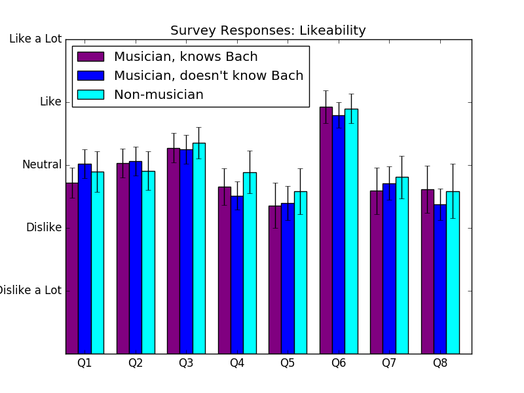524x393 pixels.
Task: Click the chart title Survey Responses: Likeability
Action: pos(268,30)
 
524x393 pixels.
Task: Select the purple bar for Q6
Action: pos(326,231)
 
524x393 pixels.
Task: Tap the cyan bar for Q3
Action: pos(199,248)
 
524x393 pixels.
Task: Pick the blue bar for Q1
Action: pos(85,259)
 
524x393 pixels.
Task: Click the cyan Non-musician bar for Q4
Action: pos(250,263)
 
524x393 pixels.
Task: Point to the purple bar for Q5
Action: pos(275,280)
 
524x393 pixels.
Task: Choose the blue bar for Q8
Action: pos(440,279)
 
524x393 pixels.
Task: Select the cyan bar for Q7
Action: pos(402,265)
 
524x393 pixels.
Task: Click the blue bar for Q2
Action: pos(136,257)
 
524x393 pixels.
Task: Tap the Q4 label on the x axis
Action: pos(237,363)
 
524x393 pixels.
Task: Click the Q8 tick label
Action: pos(440,363)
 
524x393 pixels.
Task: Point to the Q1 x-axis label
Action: pos(84,363)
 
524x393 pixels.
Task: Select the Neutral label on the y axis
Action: pos(42,164)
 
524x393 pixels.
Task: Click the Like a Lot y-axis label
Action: pos(35,39)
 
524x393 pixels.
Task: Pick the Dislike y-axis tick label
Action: pos(44,227)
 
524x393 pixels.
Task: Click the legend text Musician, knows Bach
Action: pos(186,56)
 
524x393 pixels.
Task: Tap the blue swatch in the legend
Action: pos(90,75)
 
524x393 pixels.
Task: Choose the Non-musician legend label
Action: pos(159,94)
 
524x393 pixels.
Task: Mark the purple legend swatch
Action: pos(90,56)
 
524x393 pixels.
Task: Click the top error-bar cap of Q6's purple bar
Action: pos(326,90)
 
